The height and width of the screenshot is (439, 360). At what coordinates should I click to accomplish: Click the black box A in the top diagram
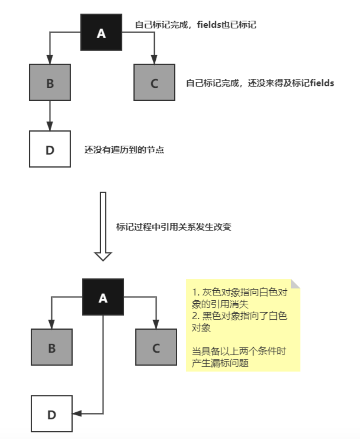pyautogui.click(x=101, y=32)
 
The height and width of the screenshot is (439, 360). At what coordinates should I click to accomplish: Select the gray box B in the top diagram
pyautogui.click(x=50, y=82)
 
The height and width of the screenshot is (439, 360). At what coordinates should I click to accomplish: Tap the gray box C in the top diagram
pyautogui.click(x=154, y=82)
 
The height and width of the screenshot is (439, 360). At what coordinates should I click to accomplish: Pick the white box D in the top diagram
pyautogui.click(x=50, y=149)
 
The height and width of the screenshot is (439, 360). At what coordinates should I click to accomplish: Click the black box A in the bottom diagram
pyautogui.click(x=103, y=297)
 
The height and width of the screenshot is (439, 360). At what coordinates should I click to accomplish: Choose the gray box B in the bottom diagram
pyautogui.click(x=52, y=347)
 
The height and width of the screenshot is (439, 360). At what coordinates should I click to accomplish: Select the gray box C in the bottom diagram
pyautogui.click(x=156, y=347)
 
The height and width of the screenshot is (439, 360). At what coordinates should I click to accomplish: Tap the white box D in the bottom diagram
pyautogui.click(x=52, y=414)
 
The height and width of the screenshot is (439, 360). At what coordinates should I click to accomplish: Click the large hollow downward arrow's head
pyautogui.click(x=103, y=256)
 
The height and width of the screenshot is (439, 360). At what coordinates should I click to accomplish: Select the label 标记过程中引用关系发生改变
pyautogui.click(x=174, y=227)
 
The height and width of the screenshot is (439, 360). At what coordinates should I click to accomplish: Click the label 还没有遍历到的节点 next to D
pyautogui.click(x=124, y=150)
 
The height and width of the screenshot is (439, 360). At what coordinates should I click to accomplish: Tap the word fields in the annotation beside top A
pyautogui.click(x=209, y=25)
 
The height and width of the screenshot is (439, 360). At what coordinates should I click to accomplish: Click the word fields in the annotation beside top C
pyautogui.click(x=322, y=83)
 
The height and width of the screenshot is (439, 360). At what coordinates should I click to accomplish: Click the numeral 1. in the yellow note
pyautogui.click(x=195, y=292)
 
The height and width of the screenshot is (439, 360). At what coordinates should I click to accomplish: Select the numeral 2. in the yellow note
pyautogui.click(x=195, y=316)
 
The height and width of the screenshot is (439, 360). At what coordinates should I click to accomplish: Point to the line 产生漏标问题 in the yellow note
pyautogui.click(x=220, y=363)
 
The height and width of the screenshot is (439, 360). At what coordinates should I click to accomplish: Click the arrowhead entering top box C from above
pyautogui.click(x=154, y=60)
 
